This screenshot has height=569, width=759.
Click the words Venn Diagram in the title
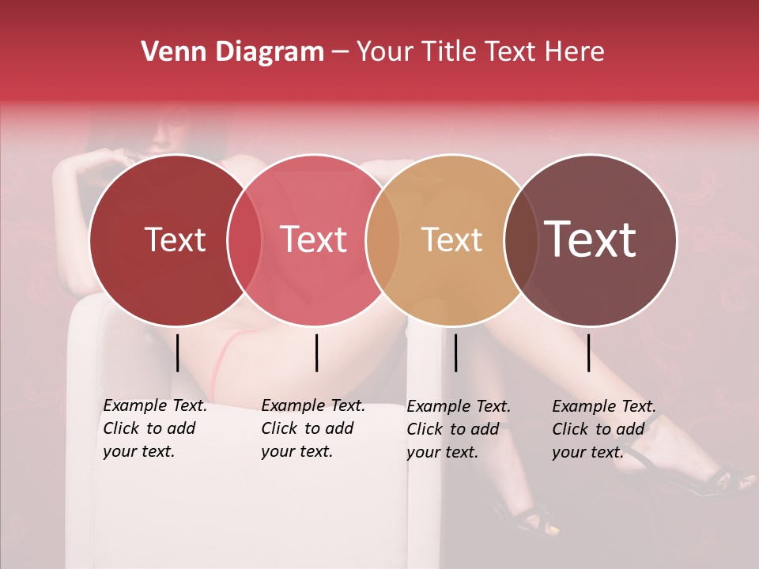point(232,52)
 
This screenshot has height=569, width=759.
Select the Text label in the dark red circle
point(175,239)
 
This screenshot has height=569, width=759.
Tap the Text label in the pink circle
point(314,239)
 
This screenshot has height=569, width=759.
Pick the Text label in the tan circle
point(451,239)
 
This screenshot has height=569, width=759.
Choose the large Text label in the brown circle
point(591,239)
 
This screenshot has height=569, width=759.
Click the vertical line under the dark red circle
point(177,352)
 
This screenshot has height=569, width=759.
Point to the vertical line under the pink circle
point(316,352)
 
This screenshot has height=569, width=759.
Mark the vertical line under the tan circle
point(455,352)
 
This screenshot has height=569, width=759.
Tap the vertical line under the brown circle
point(589,352)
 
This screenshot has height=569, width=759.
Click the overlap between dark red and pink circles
point(244,239)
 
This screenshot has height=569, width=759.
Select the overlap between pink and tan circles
point(383,239)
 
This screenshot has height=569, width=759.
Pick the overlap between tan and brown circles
point(520,239)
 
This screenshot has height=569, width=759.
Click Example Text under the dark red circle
point(155,405)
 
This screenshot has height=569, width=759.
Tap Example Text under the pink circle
point(313,405)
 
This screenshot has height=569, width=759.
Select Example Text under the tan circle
point(459,406)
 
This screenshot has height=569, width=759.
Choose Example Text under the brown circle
point(604,406)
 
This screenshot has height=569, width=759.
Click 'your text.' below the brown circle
point(587,452)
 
